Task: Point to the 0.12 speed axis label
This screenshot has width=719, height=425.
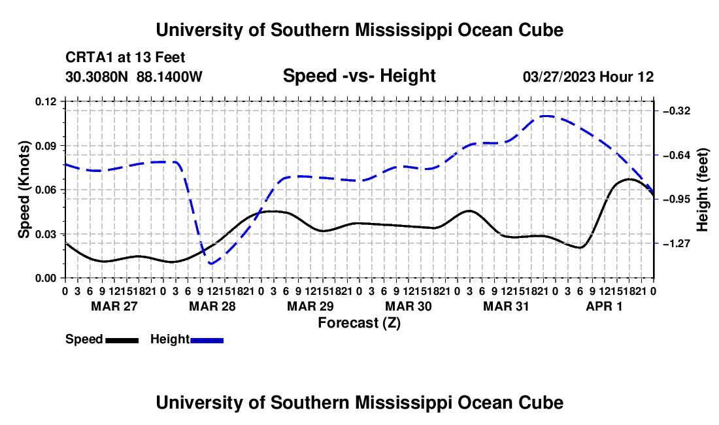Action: (x=46, y=101)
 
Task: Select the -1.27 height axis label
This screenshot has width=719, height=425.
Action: (x=677, y=243)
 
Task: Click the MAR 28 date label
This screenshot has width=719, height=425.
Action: (x=212, y=306)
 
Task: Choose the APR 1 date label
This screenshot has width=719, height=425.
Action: (x=605, y=306)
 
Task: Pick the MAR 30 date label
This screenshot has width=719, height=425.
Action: (x=408, y=306)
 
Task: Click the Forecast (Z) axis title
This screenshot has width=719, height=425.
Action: (x=359, y=323)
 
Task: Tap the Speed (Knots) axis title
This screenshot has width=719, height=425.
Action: (x=24, y=190)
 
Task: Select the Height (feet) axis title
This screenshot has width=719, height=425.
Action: (x=702, y=190)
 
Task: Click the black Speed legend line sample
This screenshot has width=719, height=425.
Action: (x=122, y=341)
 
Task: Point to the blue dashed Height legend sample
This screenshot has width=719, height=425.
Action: (x=207, y=341)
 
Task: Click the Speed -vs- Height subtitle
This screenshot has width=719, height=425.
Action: (x=359, y=76)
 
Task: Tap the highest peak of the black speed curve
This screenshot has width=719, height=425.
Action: (x=629, y=179)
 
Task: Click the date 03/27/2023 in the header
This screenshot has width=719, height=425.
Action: (x=559, y=77)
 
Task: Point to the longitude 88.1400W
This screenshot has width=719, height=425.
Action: (x=169, y=76)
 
